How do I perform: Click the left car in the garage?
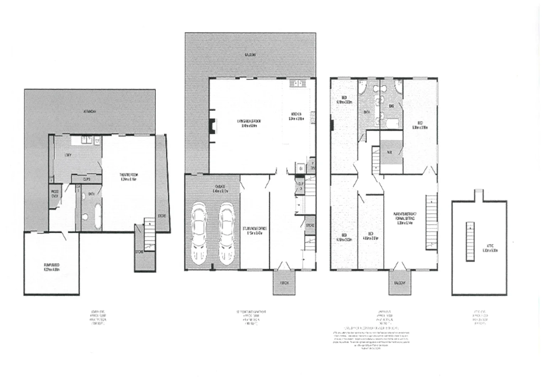[x=199, y=233]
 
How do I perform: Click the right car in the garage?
[x=226, y=233]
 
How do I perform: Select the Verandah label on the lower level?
[x=90, y=111]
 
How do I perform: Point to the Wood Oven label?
[x=55, y=193]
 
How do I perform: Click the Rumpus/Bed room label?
[x=52, y=267]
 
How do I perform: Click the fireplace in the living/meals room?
[x=212, y=126]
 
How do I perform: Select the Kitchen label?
[x=296, y=117]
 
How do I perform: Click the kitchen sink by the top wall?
[x=296, y=84]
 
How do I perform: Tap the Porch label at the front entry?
[x=284, y=283]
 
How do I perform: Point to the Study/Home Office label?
[x=255, y=231]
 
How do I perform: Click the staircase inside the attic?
[x=470, y=242]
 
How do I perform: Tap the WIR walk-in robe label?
[x=390, y=152]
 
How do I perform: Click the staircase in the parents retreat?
[x=431, y=223]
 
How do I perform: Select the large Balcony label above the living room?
[x=250, y=55]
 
